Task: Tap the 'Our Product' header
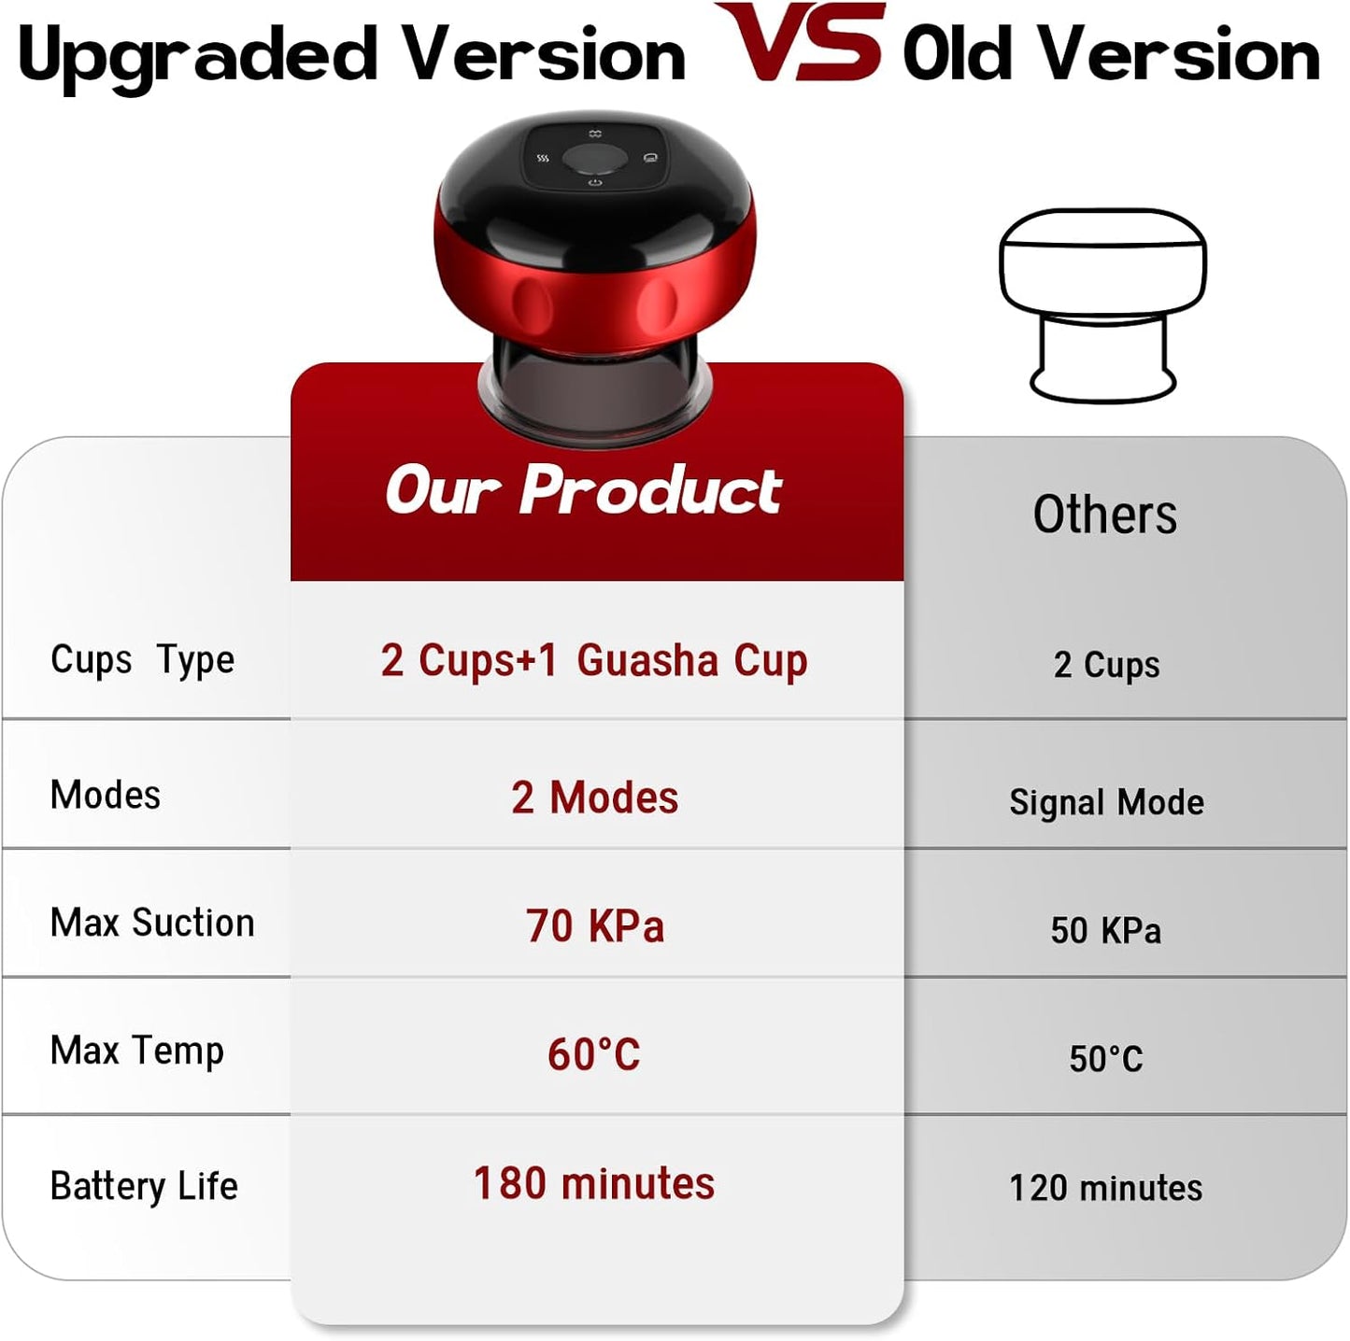point(583,489)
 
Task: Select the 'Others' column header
point(1105,515)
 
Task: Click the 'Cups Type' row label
point(142,660)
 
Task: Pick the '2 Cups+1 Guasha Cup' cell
point(594,661)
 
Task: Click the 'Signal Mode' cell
point(1106,802)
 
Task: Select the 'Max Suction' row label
point(152,923)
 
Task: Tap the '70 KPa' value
point(594,926)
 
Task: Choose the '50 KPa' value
point(1106,930)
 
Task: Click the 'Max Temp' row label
point(137,1051)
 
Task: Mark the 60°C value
point(594,1054)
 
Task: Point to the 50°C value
point(1106,1059)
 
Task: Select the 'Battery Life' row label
point(144,1186)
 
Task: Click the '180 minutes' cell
point(594,1183)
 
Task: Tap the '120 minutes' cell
point(1106,1188)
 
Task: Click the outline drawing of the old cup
point(1102,303)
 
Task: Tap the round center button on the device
point(595,159)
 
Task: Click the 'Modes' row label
point(106,795)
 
